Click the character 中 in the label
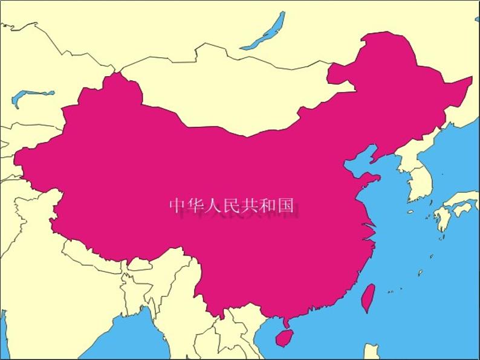[x=177, y=206]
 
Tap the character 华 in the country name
[x=195, y=206]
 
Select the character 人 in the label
[x=213, y=206]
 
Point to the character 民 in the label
[x=231, y=206]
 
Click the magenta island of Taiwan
[x=367, y=298]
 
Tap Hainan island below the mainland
[x=284, y=337]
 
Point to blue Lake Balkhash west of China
[x=30, y=95]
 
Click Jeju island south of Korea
[x=410, y=212]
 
